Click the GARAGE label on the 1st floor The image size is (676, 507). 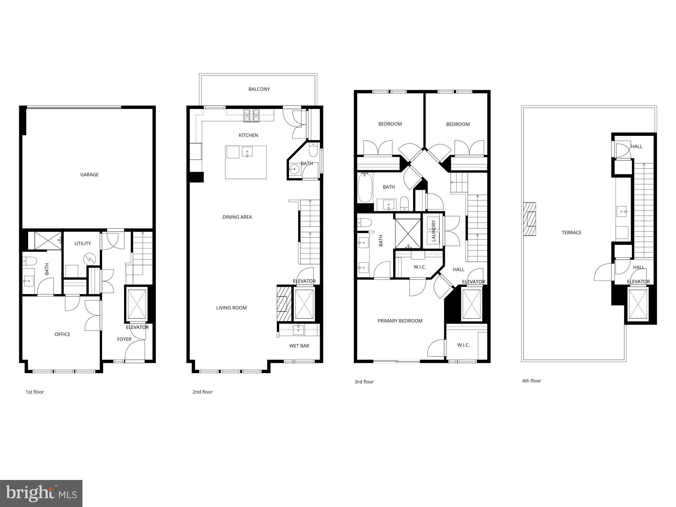click(x=89, y=175)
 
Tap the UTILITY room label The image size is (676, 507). click(x=82, y=243)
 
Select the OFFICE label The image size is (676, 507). click(x=63, y=334)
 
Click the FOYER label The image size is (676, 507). click(x=124, y=339)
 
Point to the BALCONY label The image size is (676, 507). click(x=259, y=89)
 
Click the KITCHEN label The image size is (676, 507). click(x=248, y=135)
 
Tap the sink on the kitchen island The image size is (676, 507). click(x=247, y=152)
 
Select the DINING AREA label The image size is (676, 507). click(x=237, y=217)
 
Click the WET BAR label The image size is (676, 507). click(x=299, y=346)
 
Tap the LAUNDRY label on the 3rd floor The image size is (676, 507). click(x=433, y=231)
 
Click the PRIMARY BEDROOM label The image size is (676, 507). click(x=400, y=321)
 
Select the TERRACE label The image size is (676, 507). click(x=572, y=233)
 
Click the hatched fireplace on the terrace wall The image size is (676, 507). click(x=529, y=219)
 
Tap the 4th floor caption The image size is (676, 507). click(x=531, y=381)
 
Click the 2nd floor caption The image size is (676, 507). click(x=202, y=392)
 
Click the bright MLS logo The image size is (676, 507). click(x=41, y=493)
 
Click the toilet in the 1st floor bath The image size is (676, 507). click(x=29, y=261)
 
